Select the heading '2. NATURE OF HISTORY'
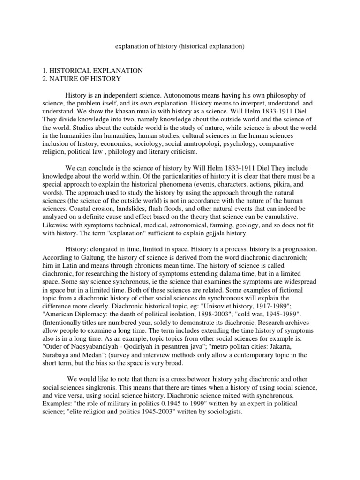click(x=82, y=78)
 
